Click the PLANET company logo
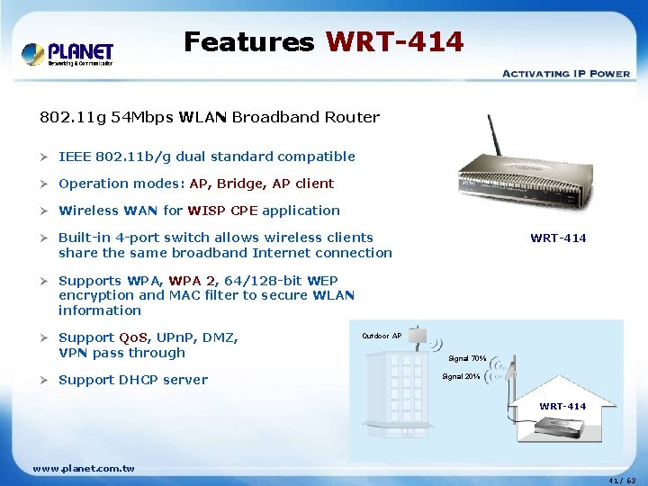coord(68,53)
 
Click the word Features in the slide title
coord(248,41)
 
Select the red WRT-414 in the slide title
coord(395,41)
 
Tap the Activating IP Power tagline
coord(565,74)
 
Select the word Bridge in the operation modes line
coord(240,184)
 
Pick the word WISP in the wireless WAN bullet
coord(207,211)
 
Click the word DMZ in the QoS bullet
coord(220,337)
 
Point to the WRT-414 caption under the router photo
coord(558,238)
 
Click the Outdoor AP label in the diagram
coord(382,336)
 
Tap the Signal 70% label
coord(467,358)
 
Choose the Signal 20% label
coord(461,376)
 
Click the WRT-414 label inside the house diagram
coord(562,407)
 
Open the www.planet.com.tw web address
coord(84,468)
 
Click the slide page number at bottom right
coord(621,480)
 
